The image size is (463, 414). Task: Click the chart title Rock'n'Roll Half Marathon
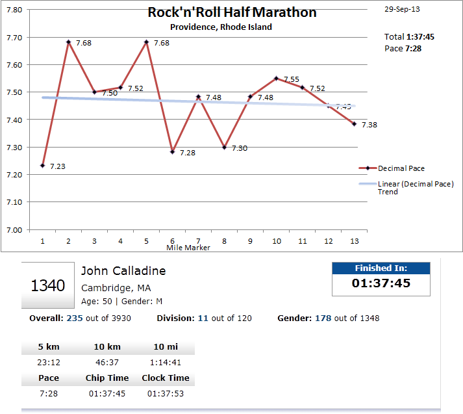pyautogui.click(x=232, y=12)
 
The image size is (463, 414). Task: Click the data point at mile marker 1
pyautogui.click(x=43, y=166)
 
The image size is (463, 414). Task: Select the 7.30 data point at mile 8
pyautogui.click(x=225, y=148)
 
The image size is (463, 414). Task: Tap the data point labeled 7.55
pyautogui.click(x=277, y=78)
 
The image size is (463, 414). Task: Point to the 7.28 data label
pyautogui.click(x=188, y=153)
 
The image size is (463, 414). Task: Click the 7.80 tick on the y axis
pyautogui.click(x=14, y=10)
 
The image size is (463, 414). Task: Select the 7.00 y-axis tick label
pyautogui.click(x=14, y=230)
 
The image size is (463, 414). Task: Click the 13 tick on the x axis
pyautogui.click(x=354, y=241)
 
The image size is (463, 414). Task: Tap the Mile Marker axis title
pyautogui.click(x=188, y=248)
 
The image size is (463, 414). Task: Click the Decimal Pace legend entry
pyautogui.click(x=401, y=168)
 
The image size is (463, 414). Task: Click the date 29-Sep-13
pyautogui.click(x=402, y=10)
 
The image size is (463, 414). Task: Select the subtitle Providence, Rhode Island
pyautogui.click(x=221, y=27)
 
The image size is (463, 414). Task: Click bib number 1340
pyautogui.click(x=47, y=285)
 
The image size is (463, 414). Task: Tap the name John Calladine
pyautogui.click(x=123, y=271)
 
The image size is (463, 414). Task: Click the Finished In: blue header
pyautogui.click(x=381, y=268)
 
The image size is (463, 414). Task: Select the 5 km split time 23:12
pyautogui.click(x=49, y=363)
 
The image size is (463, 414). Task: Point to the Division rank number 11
pyautogui.click(x=203, y=318)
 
